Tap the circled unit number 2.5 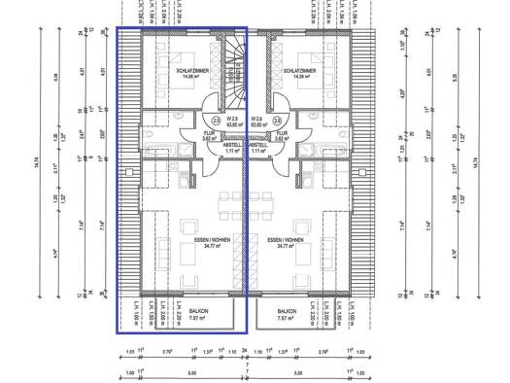216,121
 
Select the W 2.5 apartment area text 232,121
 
